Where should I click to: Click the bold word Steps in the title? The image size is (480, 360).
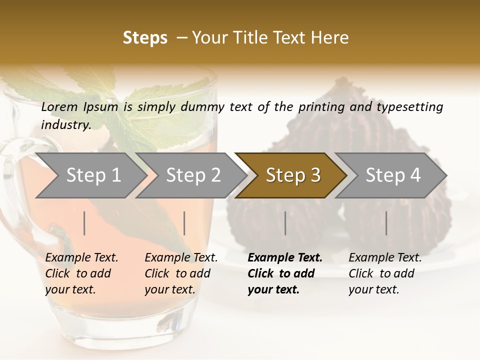click(145, 38)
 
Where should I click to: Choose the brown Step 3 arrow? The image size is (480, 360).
click(293, 175)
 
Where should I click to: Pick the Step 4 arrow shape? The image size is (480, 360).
click(393, 175)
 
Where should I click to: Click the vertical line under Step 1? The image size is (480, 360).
click(84, 223)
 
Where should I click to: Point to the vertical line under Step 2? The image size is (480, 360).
click(184, 223)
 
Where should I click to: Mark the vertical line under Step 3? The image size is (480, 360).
click(285, 223)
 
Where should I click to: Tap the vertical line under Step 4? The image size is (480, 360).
click(386, 223)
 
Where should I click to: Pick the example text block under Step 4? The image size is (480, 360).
click(385, 273)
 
